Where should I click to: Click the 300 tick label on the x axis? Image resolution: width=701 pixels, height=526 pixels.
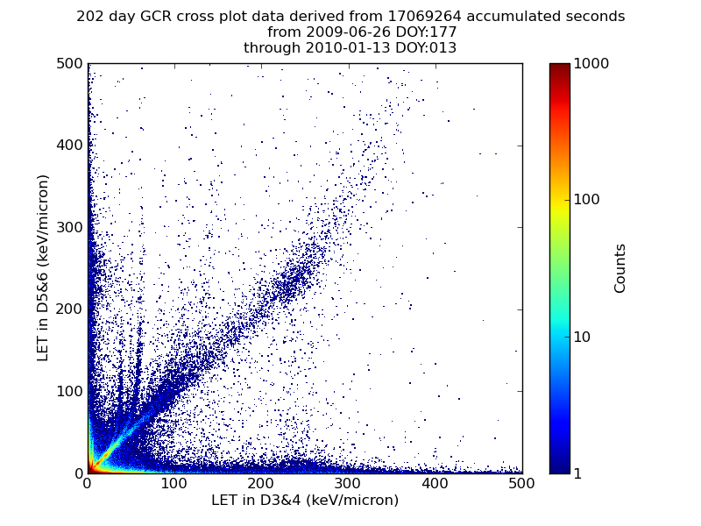click(x=348, y=483)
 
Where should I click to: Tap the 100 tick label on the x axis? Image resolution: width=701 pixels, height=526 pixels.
click(x=173, y=483)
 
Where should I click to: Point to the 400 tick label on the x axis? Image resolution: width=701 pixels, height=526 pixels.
click(x=435, y=483)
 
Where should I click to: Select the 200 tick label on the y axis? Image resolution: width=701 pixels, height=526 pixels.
click(x=69, y=309)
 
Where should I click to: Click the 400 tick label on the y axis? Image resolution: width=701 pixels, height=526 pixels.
click(x=69, y=146)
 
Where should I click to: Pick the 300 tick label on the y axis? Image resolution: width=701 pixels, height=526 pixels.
click(x=69, y=227)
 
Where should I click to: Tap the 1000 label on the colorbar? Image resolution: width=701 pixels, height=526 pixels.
click(x=591, y=64)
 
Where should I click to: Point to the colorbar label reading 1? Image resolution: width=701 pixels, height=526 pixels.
click(x=579, y=473)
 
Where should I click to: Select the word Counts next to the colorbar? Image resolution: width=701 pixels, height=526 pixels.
click(x=620, y=268)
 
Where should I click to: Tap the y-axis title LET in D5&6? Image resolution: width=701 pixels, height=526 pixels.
click(x=43, y=267)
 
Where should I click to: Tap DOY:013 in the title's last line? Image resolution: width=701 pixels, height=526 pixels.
click(x=425, y=48)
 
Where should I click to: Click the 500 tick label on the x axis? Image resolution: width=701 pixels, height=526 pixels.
click(x=521, y=483)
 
